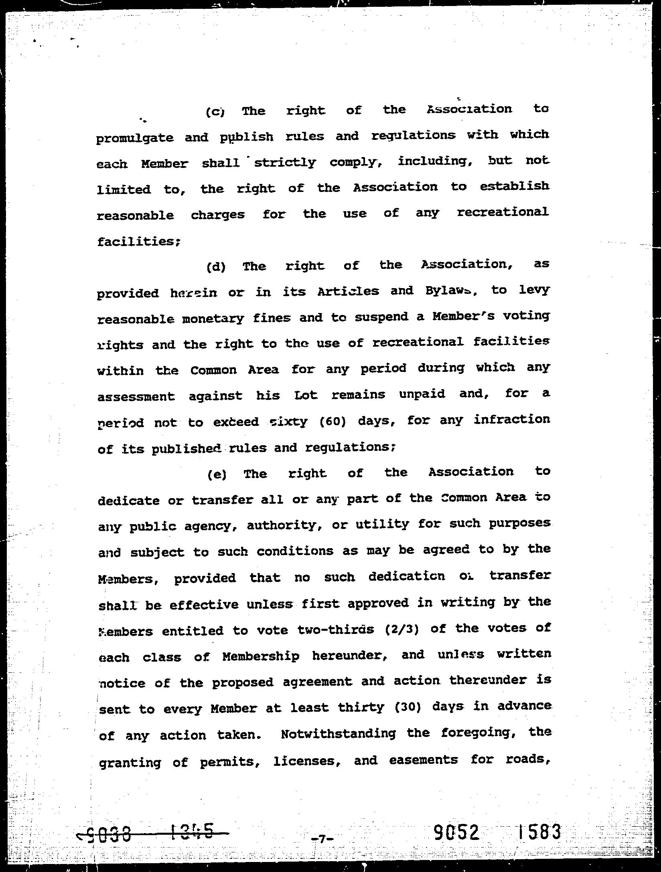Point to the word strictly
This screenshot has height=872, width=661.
[285, 163]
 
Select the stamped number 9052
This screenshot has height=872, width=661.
[457, 832]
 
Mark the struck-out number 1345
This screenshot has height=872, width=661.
[192, 832]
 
